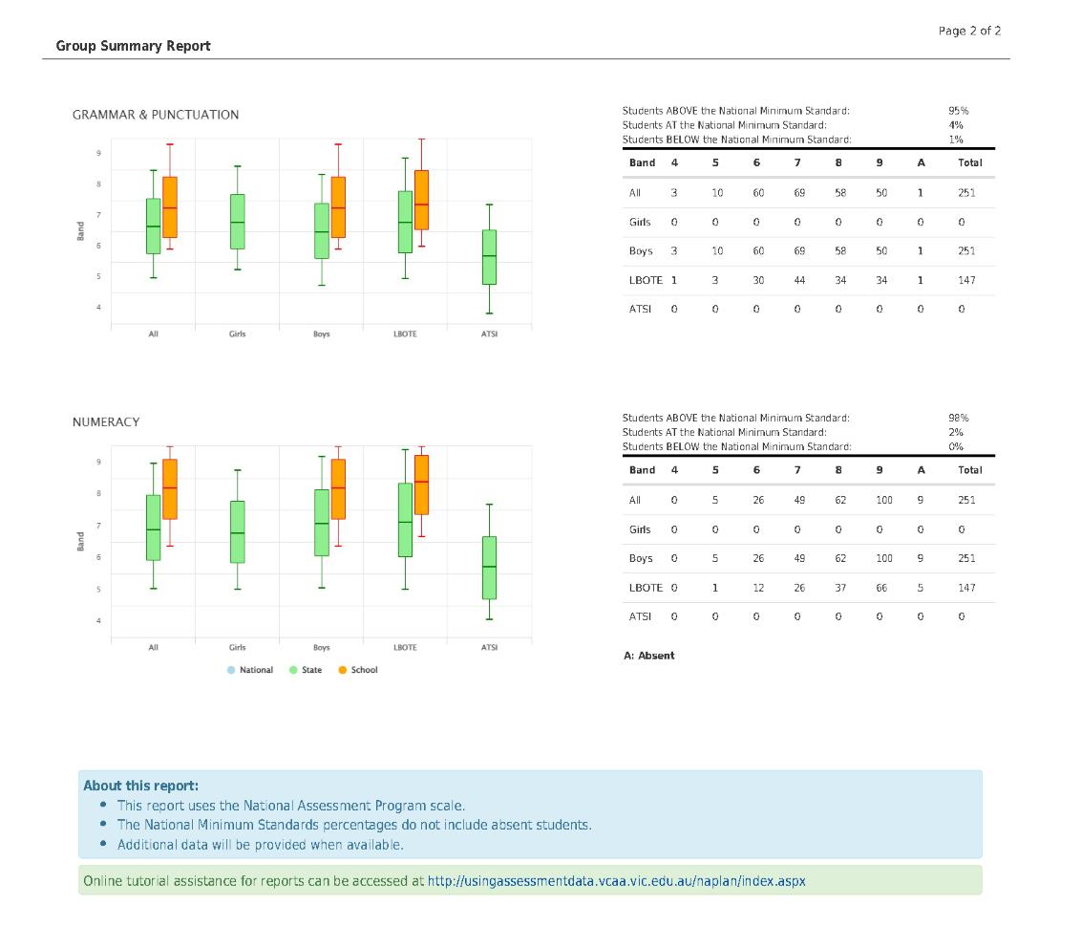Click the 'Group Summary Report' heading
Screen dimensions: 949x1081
click(133, 46)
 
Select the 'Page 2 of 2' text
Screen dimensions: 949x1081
click(969, 31)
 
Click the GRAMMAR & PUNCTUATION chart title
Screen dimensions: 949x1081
click(156, 115)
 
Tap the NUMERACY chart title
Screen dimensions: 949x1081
click(106, 421)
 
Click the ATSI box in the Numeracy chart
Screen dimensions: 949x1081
click(489, 567)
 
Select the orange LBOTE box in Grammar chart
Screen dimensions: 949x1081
click(421, 200)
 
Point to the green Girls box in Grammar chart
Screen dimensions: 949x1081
click(238, 222)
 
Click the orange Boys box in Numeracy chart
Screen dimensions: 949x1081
click(337, 488)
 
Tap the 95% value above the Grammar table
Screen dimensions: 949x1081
click(958, 111)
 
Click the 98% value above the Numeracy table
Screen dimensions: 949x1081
click(958, 418)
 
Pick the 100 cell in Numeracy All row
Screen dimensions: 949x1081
click(884, 500)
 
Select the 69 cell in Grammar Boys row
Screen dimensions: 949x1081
click(799, 251)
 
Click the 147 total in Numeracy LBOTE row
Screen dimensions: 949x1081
click(966, 588)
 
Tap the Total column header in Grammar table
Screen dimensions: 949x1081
click(969, 162)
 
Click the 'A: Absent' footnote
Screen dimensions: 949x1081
click(648, 656)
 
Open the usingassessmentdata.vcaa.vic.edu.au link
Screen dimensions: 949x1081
click(616, 881)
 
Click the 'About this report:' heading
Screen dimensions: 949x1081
click(140, 786)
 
